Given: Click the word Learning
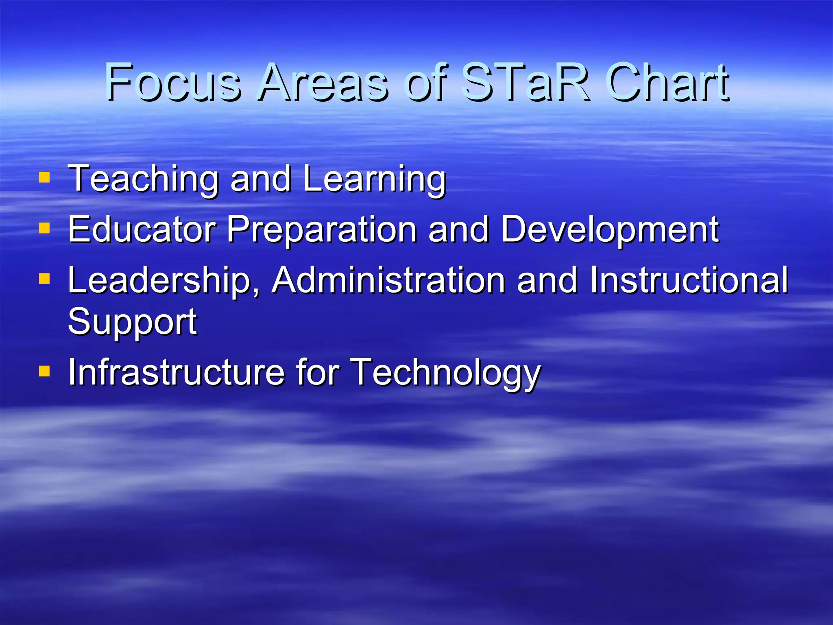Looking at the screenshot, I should pyautogui.click(x=374, y=179).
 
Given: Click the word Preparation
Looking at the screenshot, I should pyautogui.click(x=322, y=230).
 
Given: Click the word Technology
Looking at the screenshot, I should pyautogui.click(x=446, y=373).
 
